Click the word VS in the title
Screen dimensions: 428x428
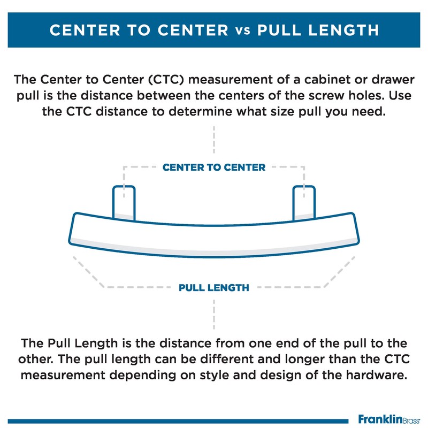[242, 30]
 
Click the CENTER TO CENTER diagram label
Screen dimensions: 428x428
[213, 167]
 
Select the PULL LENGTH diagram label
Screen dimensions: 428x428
[213, 288]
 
